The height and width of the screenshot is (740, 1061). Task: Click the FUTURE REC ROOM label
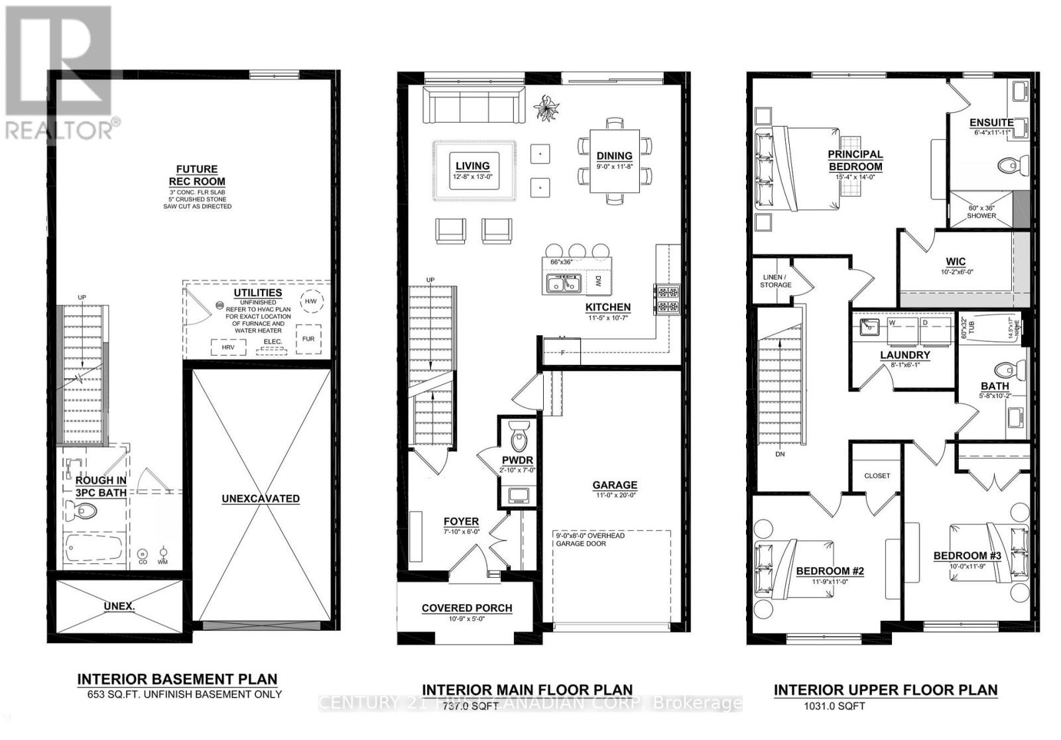[197, 176]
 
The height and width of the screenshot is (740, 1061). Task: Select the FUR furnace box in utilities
[308, 339]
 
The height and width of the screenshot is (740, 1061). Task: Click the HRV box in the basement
[228, 346]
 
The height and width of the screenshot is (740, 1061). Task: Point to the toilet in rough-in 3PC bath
[83, 511]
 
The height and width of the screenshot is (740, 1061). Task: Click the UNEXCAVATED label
[261, 499]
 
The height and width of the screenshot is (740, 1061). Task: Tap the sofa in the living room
[473, 107]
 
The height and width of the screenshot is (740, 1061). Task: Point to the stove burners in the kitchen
[667, 299]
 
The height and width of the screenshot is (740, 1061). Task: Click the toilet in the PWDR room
[519, 437]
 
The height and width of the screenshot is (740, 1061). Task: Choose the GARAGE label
[615, 485]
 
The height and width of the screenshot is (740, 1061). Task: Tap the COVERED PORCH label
[467, 608]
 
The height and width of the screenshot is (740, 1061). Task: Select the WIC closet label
[956, 262]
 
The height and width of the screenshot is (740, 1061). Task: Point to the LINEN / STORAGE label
[775, 281]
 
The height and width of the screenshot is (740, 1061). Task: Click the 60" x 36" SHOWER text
[981, 211]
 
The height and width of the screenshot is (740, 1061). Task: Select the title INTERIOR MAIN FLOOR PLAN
[527, 690]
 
